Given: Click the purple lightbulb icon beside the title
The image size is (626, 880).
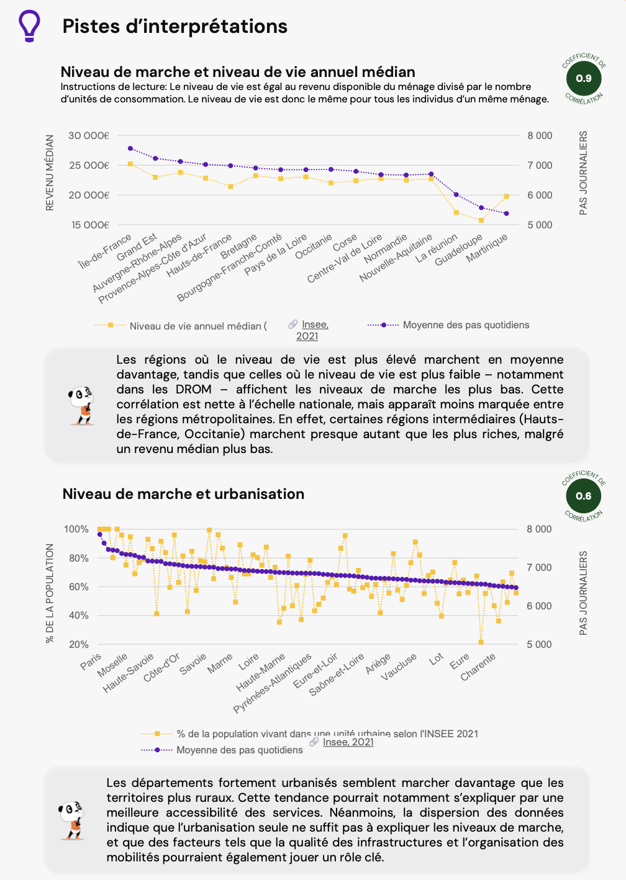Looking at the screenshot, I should click(x=29, y=25).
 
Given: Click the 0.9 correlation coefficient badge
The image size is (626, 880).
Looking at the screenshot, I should click(x=584, y=79).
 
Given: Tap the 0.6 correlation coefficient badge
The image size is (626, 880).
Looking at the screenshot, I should click(x=584, y=496).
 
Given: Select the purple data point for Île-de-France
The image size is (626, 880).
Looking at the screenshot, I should click(x=130, y=148).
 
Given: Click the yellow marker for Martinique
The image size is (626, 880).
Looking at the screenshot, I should click(x=507, y=196).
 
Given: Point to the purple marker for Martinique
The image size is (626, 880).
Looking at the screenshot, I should click(x=507, y=213).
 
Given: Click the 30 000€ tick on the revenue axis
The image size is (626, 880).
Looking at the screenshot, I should click(x=89, y=135).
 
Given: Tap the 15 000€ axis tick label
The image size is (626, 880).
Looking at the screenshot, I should click(x=90, y=225).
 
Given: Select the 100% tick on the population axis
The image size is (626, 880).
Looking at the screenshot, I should click(x=76, y=529).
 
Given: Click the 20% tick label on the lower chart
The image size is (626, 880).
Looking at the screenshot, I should click(x=79, y=644).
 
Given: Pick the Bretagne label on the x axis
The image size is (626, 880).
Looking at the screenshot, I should click(x=239, y=246).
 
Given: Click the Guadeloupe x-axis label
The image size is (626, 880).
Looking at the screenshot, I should click(x=459, y=250).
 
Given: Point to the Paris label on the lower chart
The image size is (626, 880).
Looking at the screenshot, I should click(x=91, y=662).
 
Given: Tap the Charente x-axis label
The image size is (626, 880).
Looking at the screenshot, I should click(x=478, y=667).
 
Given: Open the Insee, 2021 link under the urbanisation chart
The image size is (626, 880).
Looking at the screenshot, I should click(x=348, y=742).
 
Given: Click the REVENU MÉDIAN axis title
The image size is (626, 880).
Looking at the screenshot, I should click(x=50, y=173).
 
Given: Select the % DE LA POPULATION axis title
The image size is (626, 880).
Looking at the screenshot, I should click(x=50, y=593).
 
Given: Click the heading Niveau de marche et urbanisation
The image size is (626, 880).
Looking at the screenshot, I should click(x=183, y=494).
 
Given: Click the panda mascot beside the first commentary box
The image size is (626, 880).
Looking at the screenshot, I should click(x=81, y=405).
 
